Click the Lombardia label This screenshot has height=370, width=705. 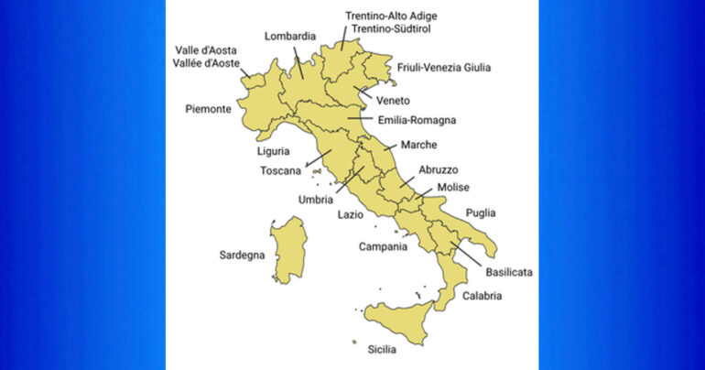(290, 37)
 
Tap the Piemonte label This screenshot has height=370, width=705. (207, 109)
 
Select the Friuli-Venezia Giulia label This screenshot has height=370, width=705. (444, 67)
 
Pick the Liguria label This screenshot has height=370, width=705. (274, 150)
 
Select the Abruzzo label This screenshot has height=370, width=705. (439, 169)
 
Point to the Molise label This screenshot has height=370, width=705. (453, 188)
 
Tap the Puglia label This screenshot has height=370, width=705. (481, 213)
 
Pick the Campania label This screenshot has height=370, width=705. (383, 246)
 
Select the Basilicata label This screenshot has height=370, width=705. (510, 273)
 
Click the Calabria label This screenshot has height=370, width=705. (483, 296)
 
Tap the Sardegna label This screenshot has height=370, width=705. (242, 255)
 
